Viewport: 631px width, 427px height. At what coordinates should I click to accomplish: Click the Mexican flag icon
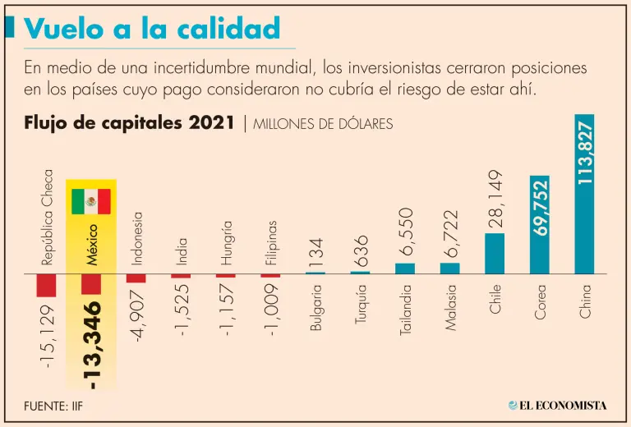tap(91, 201)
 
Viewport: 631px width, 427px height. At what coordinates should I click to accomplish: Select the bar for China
tap(584, 194)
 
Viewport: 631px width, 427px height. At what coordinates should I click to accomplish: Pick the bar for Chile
tap(495, 253)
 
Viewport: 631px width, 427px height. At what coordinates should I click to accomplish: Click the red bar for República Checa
tap(47, 285)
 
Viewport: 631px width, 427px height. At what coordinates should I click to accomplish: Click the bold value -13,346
tap(93, 345)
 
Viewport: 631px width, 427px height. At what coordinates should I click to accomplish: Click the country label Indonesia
tap(137, 238)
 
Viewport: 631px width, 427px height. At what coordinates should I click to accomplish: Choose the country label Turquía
tap(361, 305)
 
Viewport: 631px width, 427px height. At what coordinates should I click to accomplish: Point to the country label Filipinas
tap(271, 243)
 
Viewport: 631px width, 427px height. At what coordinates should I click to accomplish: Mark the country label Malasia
tap(450, 307)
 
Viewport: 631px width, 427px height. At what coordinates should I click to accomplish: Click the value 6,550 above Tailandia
tap(406, 232)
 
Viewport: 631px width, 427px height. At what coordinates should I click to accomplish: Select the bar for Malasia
tap(450, 268)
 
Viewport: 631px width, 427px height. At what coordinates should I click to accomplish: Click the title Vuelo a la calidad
tap(153, 29)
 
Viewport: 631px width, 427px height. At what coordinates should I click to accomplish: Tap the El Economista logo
tap(557, 405)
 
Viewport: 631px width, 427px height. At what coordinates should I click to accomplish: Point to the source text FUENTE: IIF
tap(53, 405)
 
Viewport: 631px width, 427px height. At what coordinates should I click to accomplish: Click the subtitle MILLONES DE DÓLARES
tap(323, 124)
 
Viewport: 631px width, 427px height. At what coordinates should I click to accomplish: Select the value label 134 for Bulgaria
tap(316, 251)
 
